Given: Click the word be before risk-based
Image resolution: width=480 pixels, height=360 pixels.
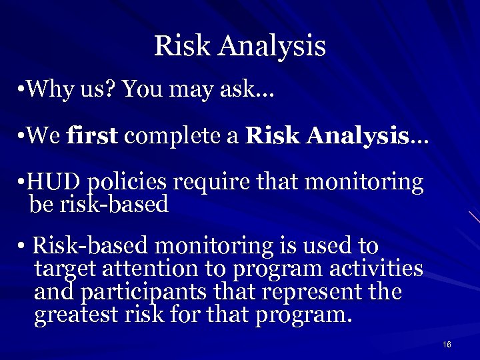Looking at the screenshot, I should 40,204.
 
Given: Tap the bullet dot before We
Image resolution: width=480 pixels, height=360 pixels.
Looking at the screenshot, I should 23,137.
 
